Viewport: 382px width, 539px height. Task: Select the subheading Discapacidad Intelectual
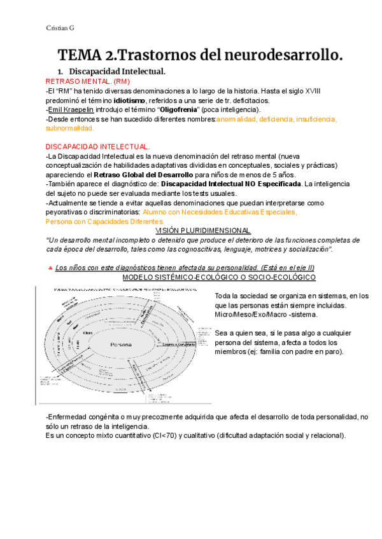[x=117, y=72]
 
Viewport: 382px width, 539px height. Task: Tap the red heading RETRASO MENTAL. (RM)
[x=81, y=82]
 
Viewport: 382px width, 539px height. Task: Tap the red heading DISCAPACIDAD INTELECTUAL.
[x=98, y=146]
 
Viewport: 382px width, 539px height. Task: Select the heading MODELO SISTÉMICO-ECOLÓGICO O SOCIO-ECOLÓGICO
[x=218, y=277]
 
